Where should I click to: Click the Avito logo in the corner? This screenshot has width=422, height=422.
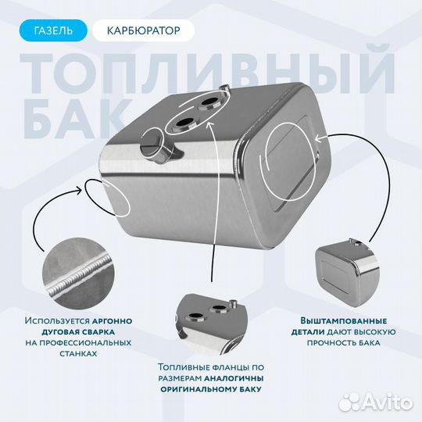coord(383,402)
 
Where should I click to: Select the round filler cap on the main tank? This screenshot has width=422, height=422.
coord(154,145)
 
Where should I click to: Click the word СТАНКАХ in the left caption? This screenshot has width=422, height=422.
coord(77,353)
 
